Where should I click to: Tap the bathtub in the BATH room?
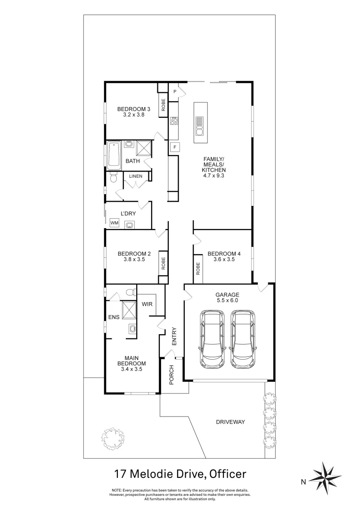click(114, 156)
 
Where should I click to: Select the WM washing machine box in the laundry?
click(114, 222)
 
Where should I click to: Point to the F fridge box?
click(174, 147)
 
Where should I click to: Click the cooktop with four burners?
click(173, 121)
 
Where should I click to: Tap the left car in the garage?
click(213, 339)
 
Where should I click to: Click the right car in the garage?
click(243, 339)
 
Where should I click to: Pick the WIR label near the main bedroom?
click(147, 304)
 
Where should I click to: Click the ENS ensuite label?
click(114, 317)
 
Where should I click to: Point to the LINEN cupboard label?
click(136, 176)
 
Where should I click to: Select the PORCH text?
click(172, 375)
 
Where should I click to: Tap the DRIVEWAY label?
click(230, 422)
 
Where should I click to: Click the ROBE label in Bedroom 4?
click(198, 268)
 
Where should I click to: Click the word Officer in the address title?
click(229, 473)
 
